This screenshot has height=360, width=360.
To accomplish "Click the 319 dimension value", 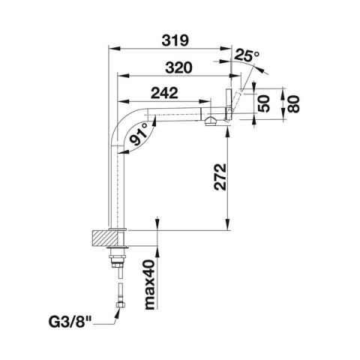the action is [x=175, y=40].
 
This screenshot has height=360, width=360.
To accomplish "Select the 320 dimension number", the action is [x=179, y=67].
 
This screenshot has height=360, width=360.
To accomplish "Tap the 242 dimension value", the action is [x=165, y=93].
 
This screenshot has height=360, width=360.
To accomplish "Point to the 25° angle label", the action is [x=247, y=55].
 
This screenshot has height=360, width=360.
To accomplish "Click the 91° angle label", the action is [x=139, y=135].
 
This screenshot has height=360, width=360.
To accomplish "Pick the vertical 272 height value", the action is [x=220, y=177].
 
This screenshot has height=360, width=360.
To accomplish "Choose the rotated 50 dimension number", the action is [x=264, y=103].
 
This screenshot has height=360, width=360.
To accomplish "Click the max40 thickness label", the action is [x=151, y=284].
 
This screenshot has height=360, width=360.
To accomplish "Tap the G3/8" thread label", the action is [x=70, y=322].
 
